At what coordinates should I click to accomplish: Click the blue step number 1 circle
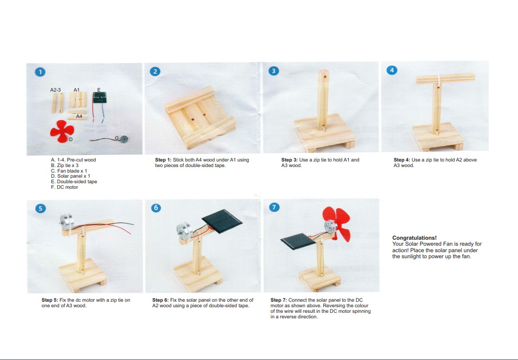coord(40,72)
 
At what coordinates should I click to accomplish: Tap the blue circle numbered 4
coord(392,70)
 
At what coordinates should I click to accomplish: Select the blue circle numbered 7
coord(274,207)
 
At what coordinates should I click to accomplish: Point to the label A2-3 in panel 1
coord(55,90)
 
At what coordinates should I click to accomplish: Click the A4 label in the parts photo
coord(79,116)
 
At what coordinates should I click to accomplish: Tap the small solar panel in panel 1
coord(99,98)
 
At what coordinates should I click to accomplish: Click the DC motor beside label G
coord(124,139)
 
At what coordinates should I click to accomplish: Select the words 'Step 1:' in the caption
coord(163,160)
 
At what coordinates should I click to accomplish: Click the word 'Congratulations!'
coord(414,238)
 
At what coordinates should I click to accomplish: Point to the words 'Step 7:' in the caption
coord(278,300)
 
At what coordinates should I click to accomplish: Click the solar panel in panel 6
coord(222,221)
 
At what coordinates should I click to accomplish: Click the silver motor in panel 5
coord(67,222)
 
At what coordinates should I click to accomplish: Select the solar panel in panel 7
coord(298,241)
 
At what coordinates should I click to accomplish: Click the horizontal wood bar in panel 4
coord(445,79)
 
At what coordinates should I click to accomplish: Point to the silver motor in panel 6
coord(183,231)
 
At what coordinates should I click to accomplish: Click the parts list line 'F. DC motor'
coord(64,187)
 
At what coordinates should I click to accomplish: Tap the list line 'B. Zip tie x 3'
coord(65,165)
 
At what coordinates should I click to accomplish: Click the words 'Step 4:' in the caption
coord(402,160)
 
